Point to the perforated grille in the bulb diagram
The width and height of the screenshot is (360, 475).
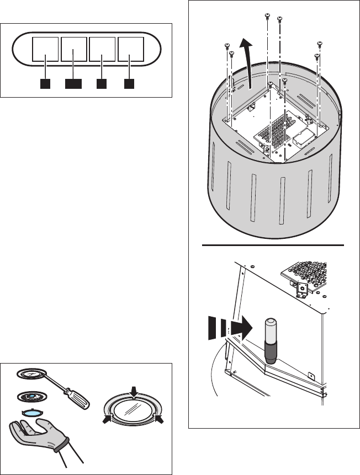[306, 270]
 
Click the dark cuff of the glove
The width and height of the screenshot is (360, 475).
[62, 444]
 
